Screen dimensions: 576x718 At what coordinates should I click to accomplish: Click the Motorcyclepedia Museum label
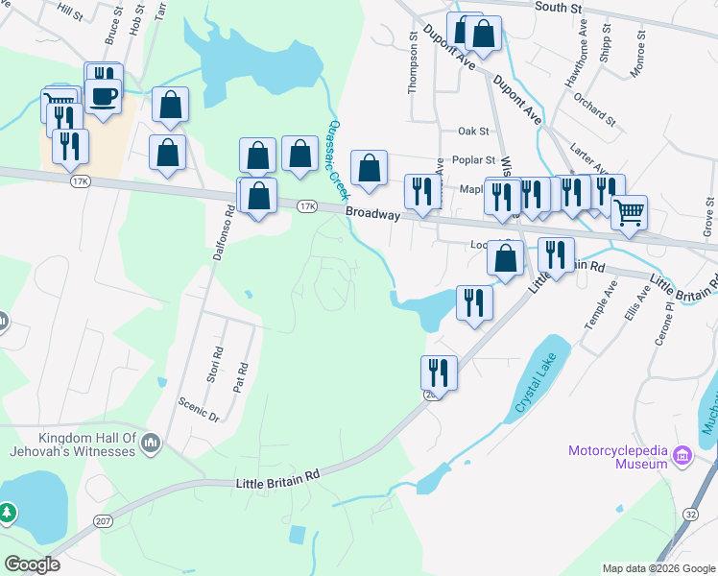(617, 457)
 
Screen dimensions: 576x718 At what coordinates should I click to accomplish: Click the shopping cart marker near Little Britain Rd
(629, 212)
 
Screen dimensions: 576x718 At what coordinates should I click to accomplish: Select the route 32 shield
(691, 540)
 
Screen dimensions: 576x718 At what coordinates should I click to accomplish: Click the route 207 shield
(104, 520)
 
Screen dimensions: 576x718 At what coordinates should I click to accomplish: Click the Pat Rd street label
(241, 375)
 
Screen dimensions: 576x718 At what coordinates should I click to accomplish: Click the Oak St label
(473, 131)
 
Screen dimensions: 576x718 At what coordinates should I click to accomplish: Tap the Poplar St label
(476, 160)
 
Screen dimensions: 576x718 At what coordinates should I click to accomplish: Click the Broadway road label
(372, 214)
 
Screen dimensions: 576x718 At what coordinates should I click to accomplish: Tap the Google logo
(32, 564)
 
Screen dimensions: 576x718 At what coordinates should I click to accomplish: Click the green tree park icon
(7, 514)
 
